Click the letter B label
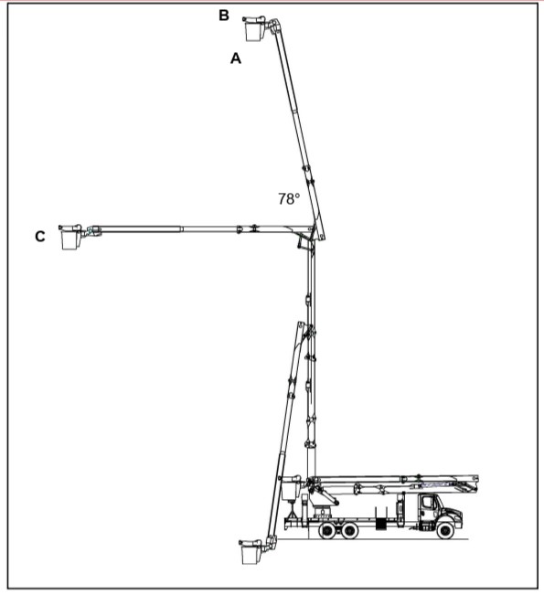point(224,16)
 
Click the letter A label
point(236,58)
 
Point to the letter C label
point(40,237)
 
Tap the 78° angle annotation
point(289,199)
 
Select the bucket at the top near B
point(254,29)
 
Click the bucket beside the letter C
point(70,237)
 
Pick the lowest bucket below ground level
point(251,552)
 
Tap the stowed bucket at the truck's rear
point(291,489)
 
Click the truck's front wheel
point(444,529)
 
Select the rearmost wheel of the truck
point(327,530)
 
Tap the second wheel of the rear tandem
point(349,530)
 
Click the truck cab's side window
point(427,503)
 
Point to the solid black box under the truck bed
point(380,524)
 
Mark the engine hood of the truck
point(452,512)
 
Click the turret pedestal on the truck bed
point(322,511)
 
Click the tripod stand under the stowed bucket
point(292,510)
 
